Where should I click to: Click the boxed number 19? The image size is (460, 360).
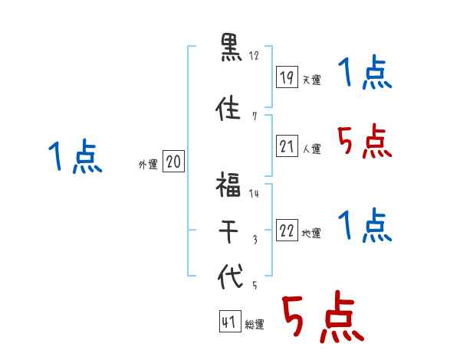(x=287, y=77)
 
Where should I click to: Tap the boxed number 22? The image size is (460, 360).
(x=287, y=231)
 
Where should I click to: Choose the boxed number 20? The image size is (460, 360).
(x=173, y=162)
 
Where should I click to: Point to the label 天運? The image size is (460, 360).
(x=311, y=80)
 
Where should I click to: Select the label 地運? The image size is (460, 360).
(x=311, y=234)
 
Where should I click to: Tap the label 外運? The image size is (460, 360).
(x=147, y=165)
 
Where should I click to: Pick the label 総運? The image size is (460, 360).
(x=255, y=325)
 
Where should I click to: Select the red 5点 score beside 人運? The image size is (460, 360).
(x=366, y=142)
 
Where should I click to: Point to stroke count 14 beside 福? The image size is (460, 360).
(x=254, y=194)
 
